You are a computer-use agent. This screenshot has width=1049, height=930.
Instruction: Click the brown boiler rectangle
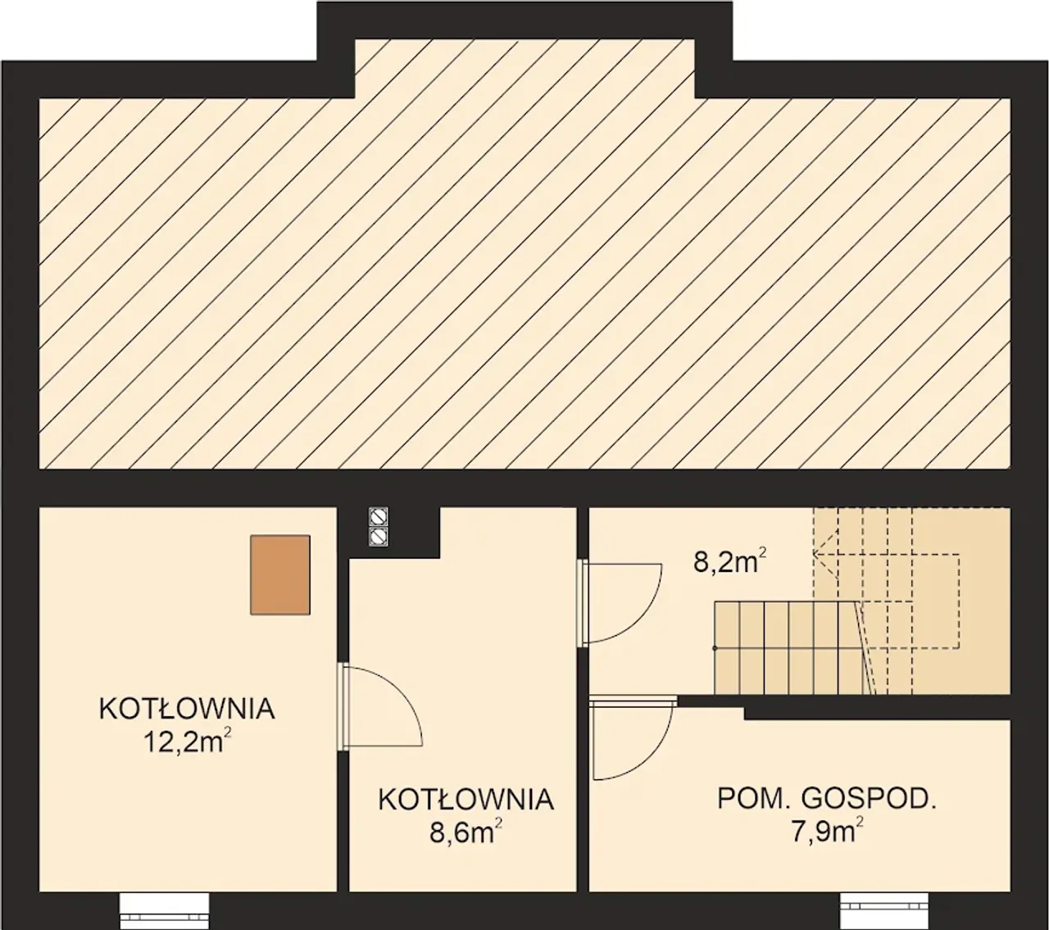[x=280, y=575]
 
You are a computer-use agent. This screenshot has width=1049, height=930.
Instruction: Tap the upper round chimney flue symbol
[x=379, y=516]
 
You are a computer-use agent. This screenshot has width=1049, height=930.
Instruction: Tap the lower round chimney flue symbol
[x=379, y=537]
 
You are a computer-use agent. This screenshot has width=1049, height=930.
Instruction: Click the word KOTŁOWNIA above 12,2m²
[x=187, y=710]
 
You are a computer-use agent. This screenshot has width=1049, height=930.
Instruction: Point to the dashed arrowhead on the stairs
[x=825, y=554]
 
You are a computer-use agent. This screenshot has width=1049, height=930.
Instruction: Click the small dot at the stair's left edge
[x=715, y=648]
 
